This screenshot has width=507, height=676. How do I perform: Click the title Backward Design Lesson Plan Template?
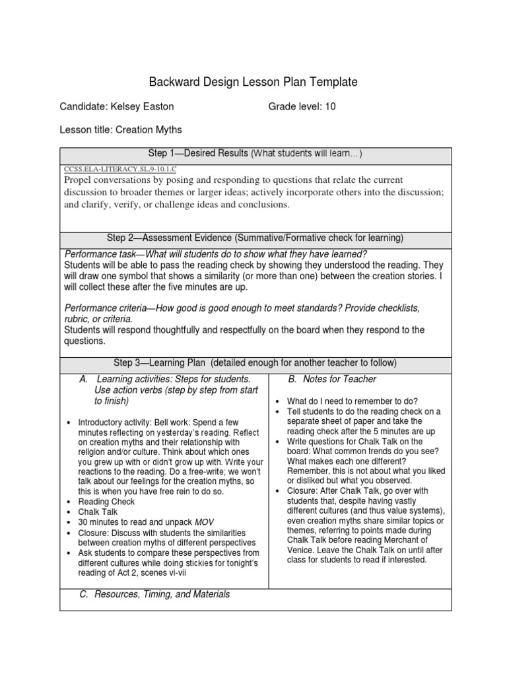[x=253, y=83]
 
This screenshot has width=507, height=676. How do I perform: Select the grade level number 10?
[x=330, y=106]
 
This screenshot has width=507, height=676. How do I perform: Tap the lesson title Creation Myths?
[x=149, y=130]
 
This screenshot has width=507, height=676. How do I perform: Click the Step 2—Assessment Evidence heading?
[x=255, y=238]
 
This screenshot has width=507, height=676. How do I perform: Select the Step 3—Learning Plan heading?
[x=255, y=362]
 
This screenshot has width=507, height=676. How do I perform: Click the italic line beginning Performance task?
[x=215, y=255]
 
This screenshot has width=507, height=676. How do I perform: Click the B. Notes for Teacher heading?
[x=332, y=379]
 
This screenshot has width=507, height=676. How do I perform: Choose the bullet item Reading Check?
[x=106, y=502]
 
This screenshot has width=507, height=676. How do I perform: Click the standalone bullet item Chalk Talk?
[x=98, y=512]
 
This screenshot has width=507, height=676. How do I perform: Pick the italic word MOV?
[x=205, y=522]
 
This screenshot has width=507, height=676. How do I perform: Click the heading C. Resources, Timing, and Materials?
[x=154, y=594]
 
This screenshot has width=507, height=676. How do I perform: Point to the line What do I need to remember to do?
[x=353, y=401]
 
